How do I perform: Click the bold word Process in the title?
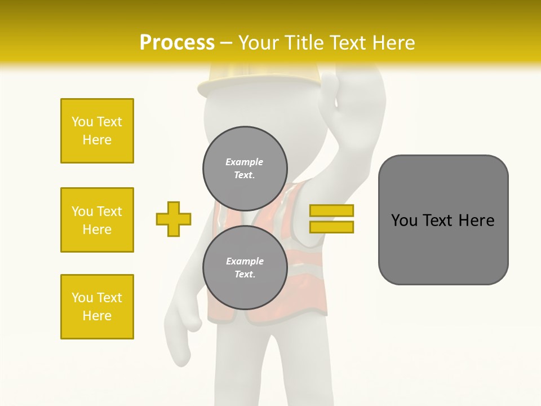coord(176,43)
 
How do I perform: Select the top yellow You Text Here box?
coord(97,131)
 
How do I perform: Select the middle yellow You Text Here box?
coord(97,220)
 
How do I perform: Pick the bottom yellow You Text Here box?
coord(97,307)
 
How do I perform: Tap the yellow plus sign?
coord(174,219)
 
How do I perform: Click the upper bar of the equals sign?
coord(331,211)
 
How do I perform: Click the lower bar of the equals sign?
coord(331,227)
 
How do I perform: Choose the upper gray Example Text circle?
coord(245,168)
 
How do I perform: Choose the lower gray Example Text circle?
coord(245,267)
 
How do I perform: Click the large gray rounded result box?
coord(443,220)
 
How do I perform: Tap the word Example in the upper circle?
coord(244,162)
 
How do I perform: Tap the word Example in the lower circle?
coord(245,261)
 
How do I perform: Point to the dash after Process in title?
coord(226,43)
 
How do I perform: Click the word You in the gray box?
coord(404,220)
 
